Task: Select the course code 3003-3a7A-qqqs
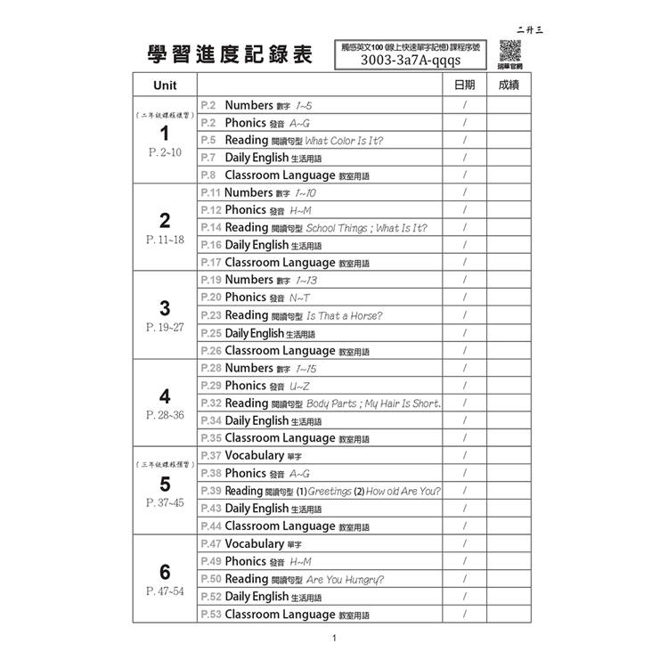411,61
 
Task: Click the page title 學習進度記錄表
230,54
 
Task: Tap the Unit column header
165,86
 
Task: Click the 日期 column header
464,86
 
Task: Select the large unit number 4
165,396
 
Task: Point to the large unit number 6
165,572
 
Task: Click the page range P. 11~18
165,240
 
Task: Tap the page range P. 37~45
165,503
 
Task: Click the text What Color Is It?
344,141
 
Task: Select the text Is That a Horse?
344,316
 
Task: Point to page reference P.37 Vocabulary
211,456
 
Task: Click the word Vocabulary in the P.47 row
254,543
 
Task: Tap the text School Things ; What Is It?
366,228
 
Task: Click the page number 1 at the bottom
333,638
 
